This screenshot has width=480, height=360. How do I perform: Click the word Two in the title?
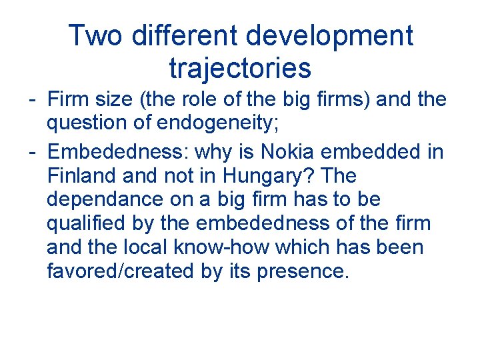pos(95,35)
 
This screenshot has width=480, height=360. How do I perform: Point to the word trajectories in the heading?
pos(240,67)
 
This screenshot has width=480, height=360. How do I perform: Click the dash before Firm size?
pos(32,100)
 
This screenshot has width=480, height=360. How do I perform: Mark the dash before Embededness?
pos(32,151)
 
